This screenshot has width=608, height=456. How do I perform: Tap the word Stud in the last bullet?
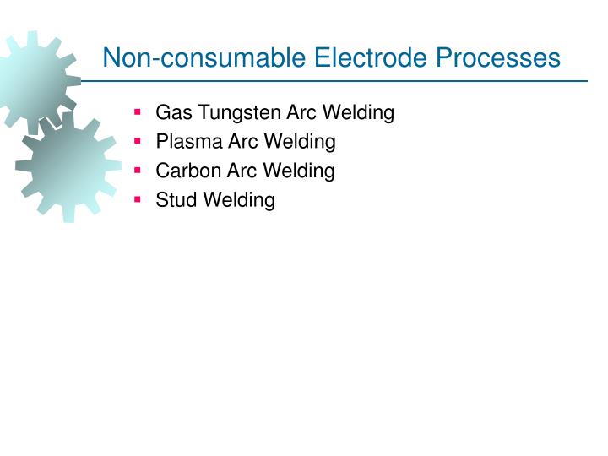[174, 200]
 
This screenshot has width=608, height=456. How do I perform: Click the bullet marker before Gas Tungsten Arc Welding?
[138, 111]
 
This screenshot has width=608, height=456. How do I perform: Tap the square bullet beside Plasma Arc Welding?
[138, 141]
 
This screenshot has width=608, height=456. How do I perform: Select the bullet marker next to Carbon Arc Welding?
[138, 170]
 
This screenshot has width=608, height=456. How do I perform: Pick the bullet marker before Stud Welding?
[138, 199]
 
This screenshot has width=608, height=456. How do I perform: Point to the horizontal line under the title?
[338, 82]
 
